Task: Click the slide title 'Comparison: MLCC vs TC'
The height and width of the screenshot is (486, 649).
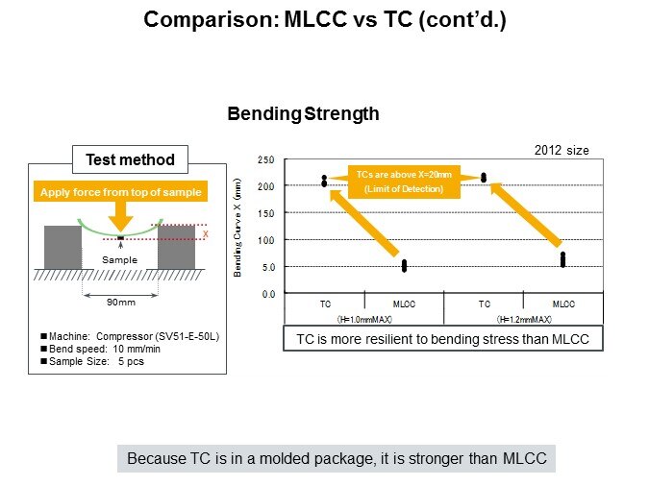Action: coord(324,19)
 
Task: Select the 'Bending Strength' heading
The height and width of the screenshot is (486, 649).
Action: coord(303,114)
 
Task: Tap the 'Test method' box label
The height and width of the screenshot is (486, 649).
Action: coord(130,159)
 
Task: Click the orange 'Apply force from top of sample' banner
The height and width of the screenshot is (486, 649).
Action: coord(120,191)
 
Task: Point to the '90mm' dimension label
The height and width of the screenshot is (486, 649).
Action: coord(120,302)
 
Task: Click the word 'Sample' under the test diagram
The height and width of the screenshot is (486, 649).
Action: coord(121,260)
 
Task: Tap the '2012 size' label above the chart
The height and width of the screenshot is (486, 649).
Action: coord(562,149)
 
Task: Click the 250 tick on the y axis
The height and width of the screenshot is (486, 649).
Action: coord(266,159)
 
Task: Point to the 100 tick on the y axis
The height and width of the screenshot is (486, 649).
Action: coord(266,239)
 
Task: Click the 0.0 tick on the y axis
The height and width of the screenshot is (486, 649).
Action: coord(266,293)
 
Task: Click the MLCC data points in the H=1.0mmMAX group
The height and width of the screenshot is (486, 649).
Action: coord(404,265)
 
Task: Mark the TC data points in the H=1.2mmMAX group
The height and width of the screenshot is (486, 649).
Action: coord(484,177)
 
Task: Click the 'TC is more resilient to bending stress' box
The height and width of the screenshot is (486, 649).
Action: coord(443,339)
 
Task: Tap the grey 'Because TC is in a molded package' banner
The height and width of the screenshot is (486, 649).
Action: coord(337,459)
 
